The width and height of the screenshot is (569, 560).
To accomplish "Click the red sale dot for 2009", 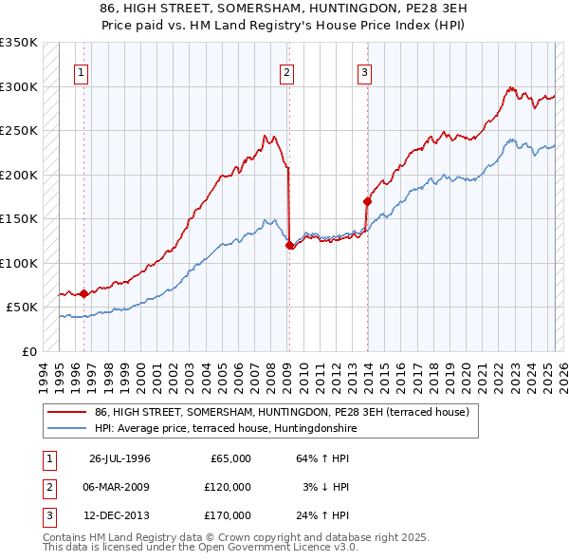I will pyautogui.click(x=290, y=245).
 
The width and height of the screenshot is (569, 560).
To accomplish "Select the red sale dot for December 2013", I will pyautogui.click(x=367, y=201).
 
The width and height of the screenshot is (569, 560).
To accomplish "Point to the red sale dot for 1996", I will pyautogui.click(x=83, y=293).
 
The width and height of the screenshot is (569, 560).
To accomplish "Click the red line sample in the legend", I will pyautogui.click(x=66, y=413).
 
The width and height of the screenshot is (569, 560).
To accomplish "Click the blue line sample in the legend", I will pyautogui.click(x=66, y=428).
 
